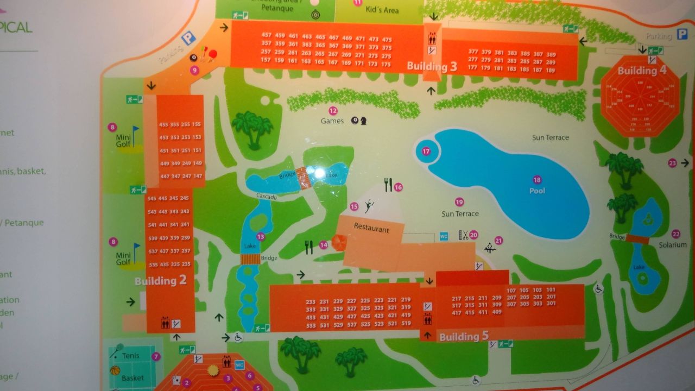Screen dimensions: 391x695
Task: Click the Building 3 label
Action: point(432,67)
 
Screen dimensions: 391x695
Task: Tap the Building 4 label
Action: point(642,71)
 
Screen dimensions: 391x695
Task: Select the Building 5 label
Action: point(459,337)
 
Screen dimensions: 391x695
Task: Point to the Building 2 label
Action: point(160,281)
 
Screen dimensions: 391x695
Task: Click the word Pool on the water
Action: point(537,191)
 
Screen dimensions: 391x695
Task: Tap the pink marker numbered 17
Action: point(426,152)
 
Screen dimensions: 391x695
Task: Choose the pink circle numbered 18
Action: point(537,180)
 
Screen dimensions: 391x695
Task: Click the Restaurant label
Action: point(372,229)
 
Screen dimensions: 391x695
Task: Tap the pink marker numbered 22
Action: point(675,234)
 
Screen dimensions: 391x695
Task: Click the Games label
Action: point(332,121)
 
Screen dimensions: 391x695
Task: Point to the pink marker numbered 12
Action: point(333,110)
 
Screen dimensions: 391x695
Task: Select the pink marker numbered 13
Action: point(261,236)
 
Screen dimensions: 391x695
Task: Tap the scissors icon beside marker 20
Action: point(464,235)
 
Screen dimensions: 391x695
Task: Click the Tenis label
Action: point(130,356)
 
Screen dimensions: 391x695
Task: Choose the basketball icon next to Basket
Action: point(115,371)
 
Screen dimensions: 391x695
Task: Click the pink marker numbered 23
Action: point(672,163)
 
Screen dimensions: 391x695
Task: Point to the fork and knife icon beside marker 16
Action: point(388,185)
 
